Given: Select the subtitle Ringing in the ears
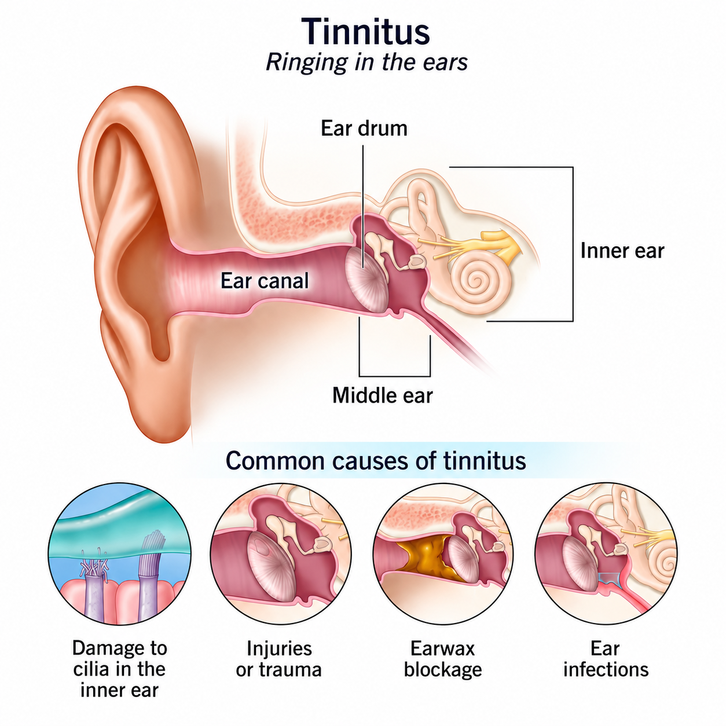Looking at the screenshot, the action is coord(366,62).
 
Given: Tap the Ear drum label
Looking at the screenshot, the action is coord(364,129).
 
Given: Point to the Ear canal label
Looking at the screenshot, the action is coord(265,281).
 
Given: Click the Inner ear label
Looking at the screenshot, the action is coord(622,251).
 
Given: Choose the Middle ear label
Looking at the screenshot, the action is coord(383,395).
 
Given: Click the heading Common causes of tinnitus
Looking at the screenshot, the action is coord(376,460).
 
